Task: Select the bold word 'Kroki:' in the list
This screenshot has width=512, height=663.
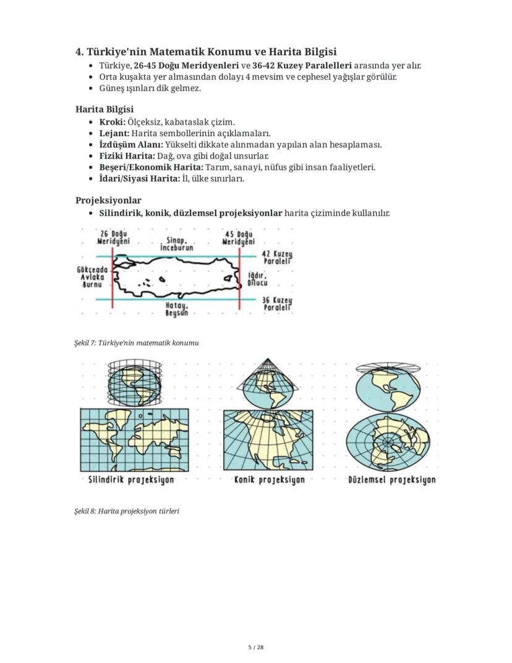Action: (112, 122)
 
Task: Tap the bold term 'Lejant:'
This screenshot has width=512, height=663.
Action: (114, 133)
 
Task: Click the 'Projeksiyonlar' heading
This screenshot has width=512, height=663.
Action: (108, 201)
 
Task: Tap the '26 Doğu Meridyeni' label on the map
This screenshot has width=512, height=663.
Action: (113, 238)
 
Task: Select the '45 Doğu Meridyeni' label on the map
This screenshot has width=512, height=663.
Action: (238, 238)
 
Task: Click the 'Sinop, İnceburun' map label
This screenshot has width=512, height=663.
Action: (177, 244)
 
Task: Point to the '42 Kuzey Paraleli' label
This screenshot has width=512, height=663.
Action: (277, 258)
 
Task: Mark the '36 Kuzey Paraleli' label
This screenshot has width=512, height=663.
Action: (277, 303)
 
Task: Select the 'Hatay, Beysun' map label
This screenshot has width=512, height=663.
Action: (177, 309)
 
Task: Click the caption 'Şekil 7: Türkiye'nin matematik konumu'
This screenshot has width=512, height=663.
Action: (136, 343)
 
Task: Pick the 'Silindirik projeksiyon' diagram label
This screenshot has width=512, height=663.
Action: (131, 480)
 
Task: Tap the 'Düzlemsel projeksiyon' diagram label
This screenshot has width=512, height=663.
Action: (391, 480)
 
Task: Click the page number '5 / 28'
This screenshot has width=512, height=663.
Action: (256, 648)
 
